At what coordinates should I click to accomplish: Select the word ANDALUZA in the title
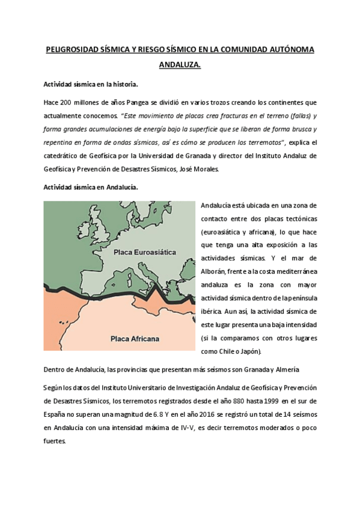(x=179, y=66)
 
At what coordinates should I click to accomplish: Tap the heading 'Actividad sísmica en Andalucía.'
(x=91, y=187)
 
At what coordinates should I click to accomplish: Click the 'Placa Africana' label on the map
(x=135, y=338)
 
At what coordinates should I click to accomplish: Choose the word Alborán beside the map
(x=215, y=272)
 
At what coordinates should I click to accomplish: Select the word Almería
(x=281, y=369)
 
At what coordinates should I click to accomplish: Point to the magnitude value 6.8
(x=155, y=413)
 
